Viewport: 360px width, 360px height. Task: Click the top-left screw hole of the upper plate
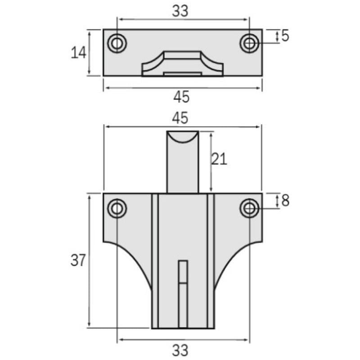click(117, 44)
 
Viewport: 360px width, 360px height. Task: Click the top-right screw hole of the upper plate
click(249, 44)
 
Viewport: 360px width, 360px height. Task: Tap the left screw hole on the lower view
click(117, 208)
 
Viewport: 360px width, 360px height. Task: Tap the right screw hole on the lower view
click(249, 208)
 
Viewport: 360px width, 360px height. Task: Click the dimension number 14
click(78, 53)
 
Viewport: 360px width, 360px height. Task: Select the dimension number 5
click(285, 36)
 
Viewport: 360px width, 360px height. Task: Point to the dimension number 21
click(219, 159)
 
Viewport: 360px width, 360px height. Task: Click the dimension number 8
click(285, 201)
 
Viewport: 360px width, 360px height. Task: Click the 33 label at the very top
click(180, 12)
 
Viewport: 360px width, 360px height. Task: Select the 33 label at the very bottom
click(180, 350)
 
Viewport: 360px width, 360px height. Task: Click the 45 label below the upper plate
click(181, 96)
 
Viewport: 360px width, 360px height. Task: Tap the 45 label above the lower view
click(180, 118)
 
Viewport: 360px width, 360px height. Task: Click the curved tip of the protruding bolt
click(182, 137)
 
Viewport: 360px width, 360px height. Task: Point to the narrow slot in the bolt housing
click(183, 292)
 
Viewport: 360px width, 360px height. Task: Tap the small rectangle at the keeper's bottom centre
click(182, 73)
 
